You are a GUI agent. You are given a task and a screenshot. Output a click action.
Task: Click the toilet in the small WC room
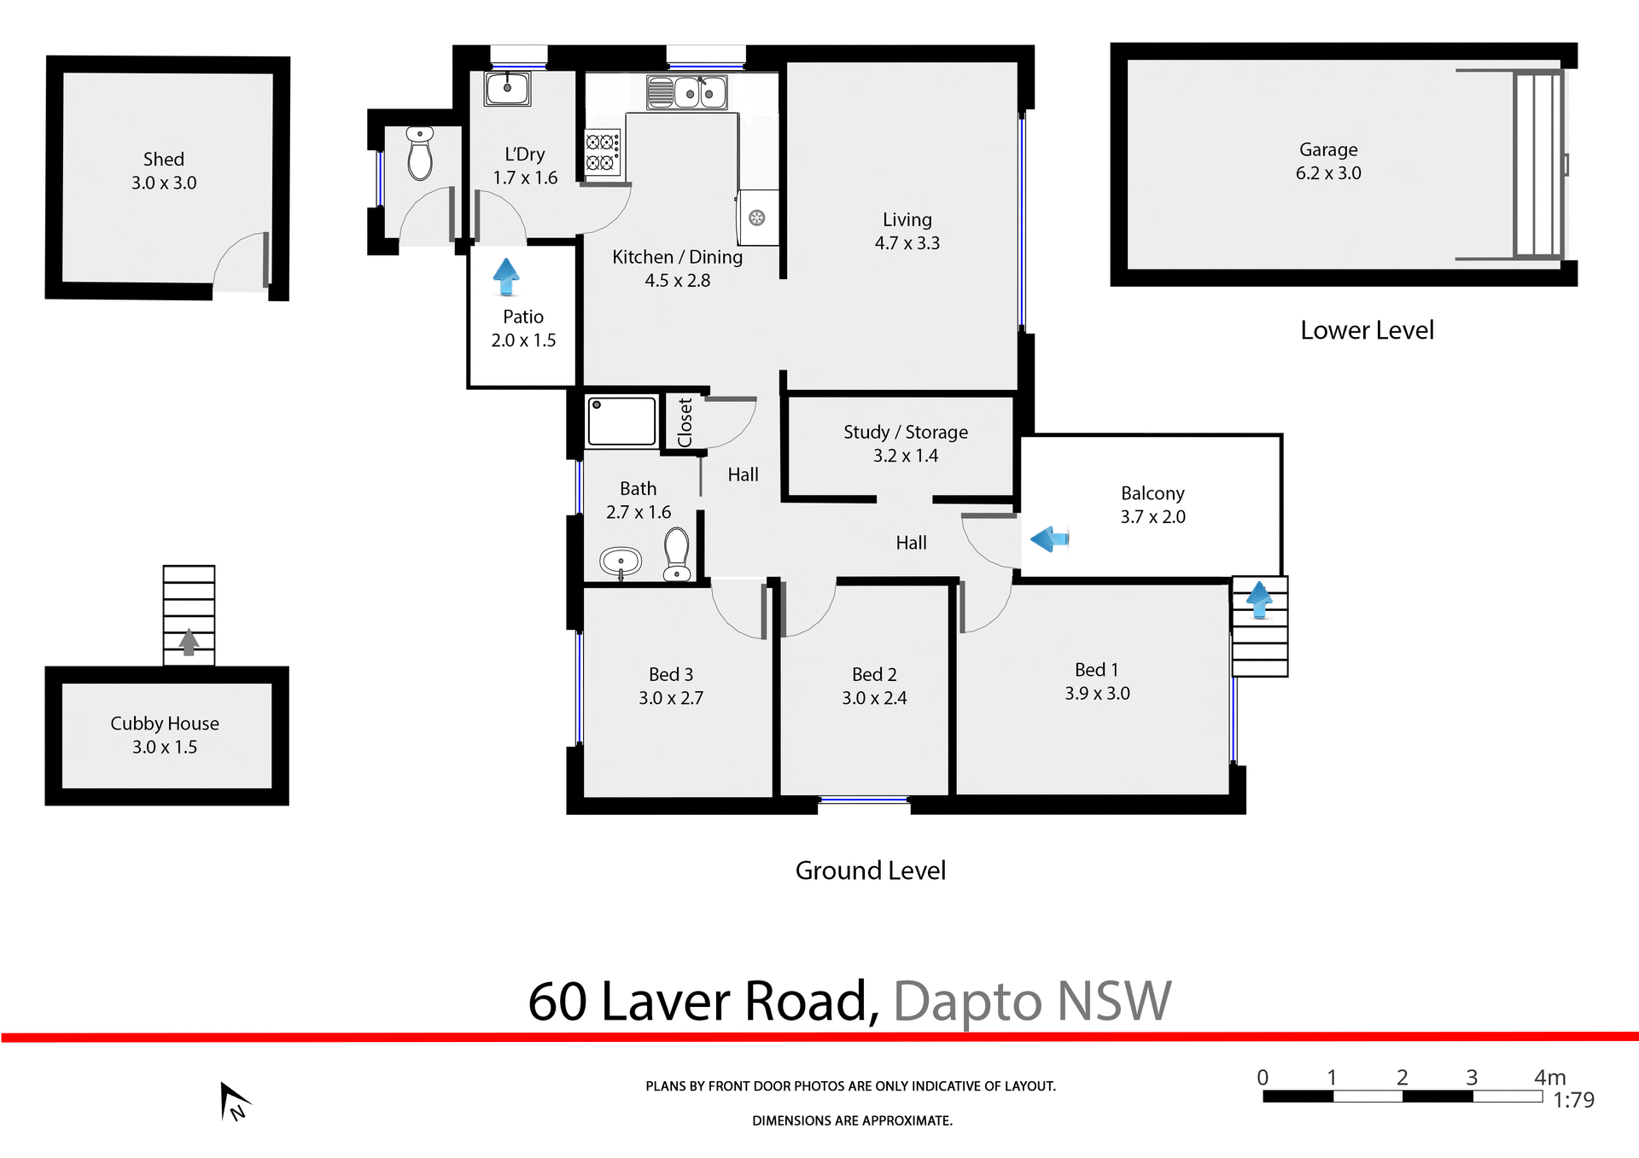(x=419, y=154)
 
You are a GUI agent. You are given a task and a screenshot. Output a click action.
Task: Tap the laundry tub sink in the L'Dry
(x=507, y=88)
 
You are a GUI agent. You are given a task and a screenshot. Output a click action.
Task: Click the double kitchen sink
(x=687, y=93)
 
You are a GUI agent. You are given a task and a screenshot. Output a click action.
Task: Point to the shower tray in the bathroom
(x=621, y=421)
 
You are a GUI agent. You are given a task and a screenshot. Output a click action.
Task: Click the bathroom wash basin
(x=621, y=562)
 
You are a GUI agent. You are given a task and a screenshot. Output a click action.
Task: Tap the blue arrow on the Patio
(x=506, y=276)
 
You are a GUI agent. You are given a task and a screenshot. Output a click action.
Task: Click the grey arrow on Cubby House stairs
(x=189, y=642)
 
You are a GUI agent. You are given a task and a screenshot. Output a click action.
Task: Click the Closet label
(x=685, y=422)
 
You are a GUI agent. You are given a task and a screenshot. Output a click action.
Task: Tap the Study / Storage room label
(x=906, y=432)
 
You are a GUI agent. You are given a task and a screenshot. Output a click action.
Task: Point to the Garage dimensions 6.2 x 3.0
(x=1328, y=173)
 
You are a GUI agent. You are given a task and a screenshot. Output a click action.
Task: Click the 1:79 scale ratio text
(x=1573, y=1100)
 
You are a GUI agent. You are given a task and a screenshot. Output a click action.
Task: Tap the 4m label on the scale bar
(x=1549, y=1077)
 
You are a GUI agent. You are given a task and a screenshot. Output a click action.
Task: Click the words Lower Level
(x=1367, y=330)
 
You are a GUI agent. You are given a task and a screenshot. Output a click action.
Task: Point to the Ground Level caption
(x=870, y=870)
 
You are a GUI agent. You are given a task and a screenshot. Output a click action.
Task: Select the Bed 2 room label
(x=874, y=674)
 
